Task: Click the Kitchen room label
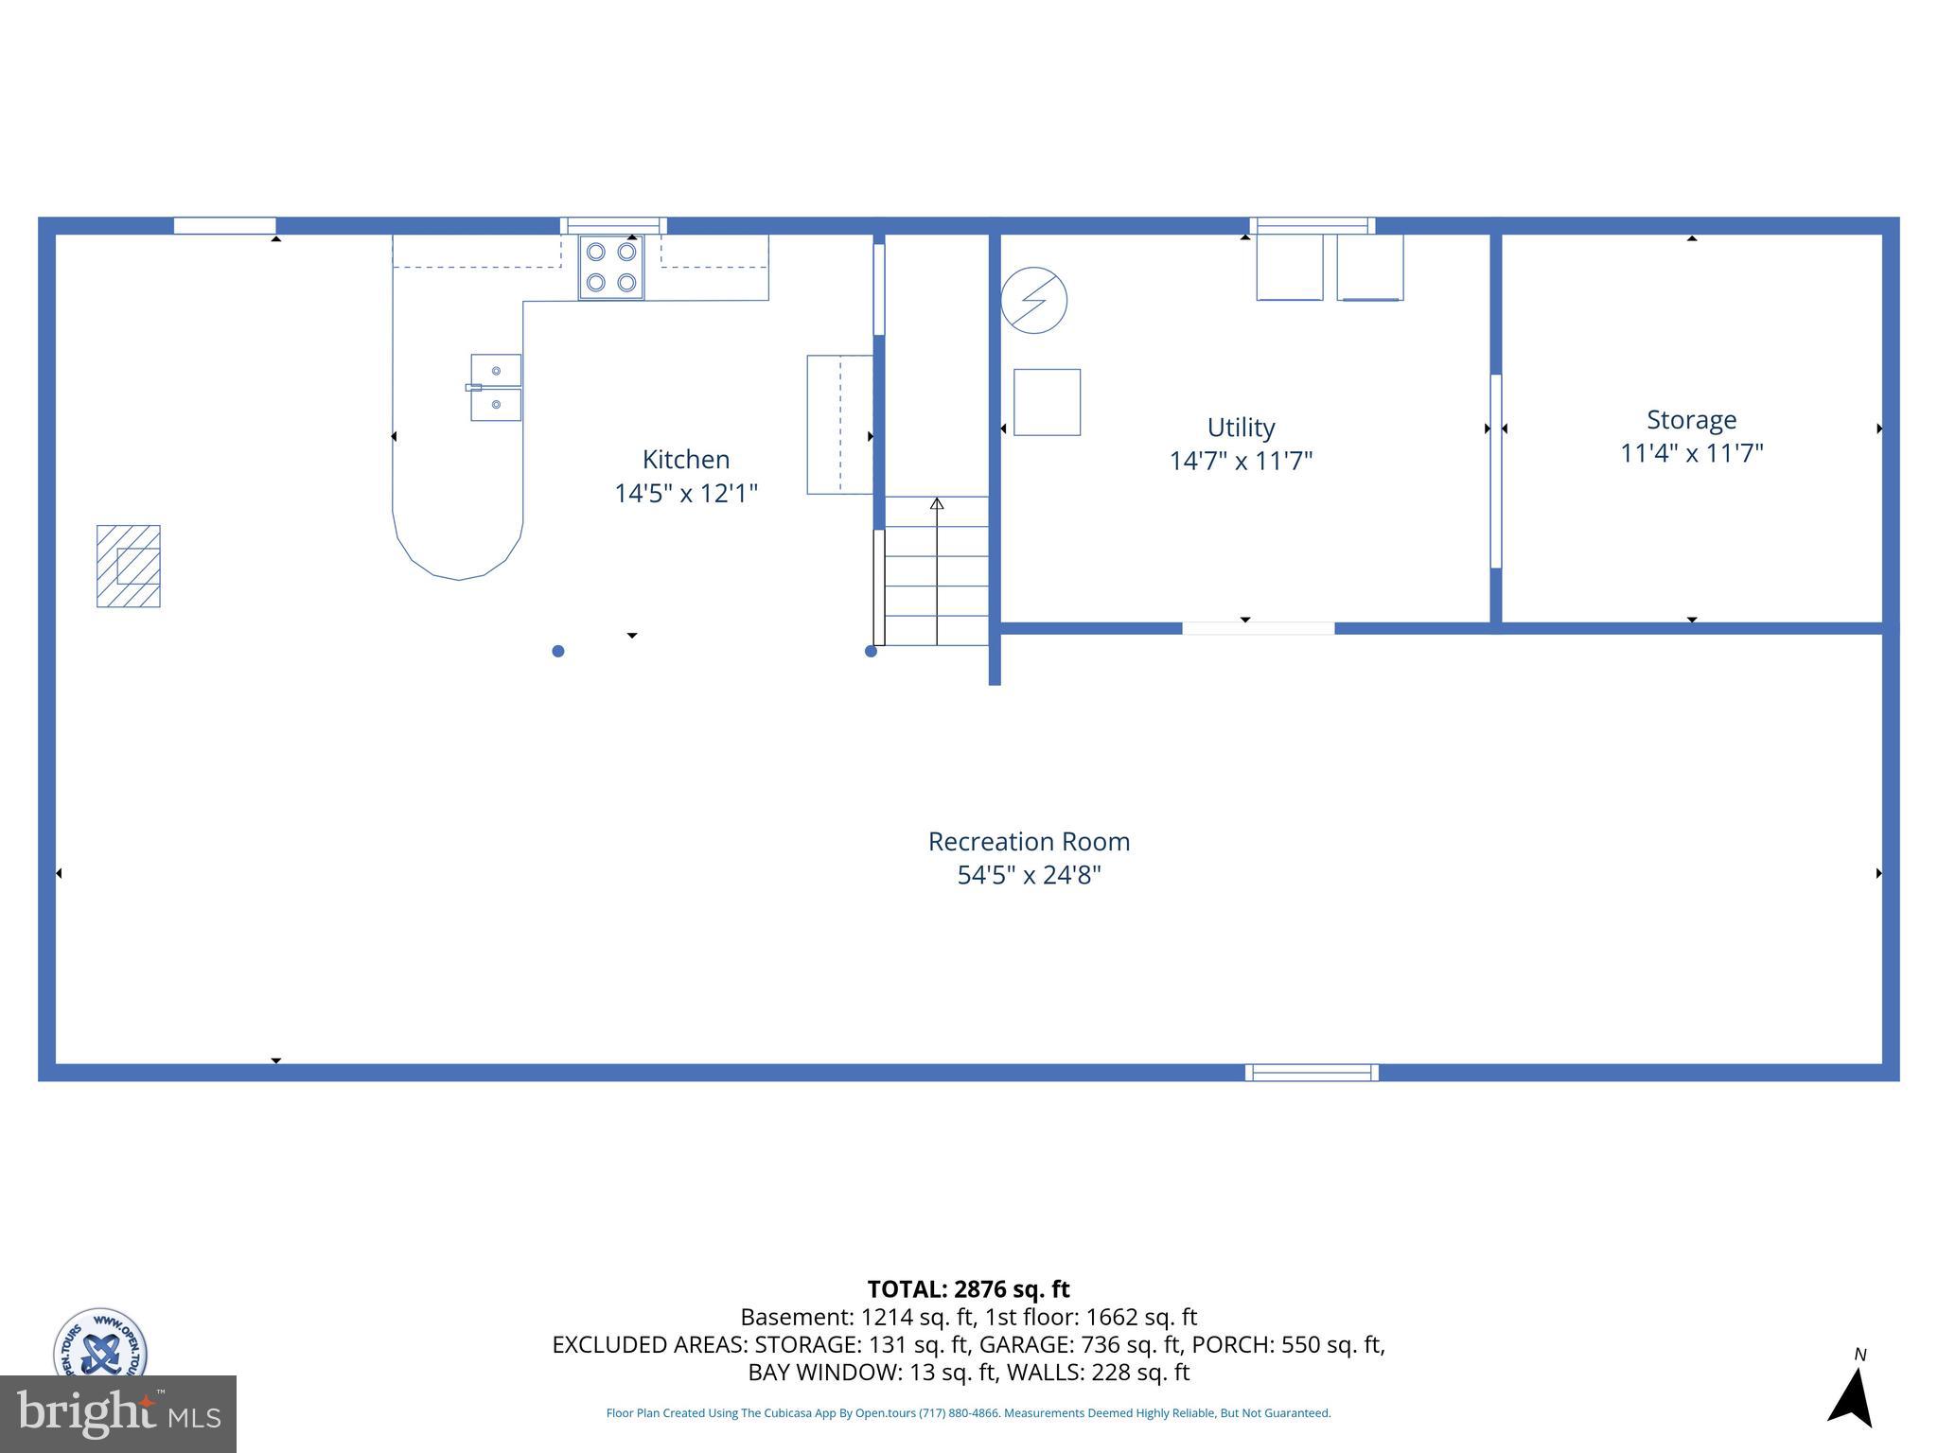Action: tap(686, 460)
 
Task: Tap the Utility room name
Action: tap(1241, 428)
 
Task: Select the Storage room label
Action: tap(1691, 420)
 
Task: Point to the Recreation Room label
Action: tap(1029, 842)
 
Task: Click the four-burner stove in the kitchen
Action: tap(611, 268)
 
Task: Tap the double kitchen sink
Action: tap(496, 388)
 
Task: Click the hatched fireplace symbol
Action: tap(129, 566)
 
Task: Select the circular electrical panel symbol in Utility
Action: tap(1034, 300)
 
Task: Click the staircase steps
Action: tap(937, 571)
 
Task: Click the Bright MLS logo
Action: tap(118, 1413)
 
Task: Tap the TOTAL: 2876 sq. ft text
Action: tap(968, 1289)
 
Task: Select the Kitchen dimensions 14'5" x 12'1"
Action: tap(686, 494)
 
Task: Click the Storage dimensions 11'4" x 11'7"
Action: tap(1691, 454)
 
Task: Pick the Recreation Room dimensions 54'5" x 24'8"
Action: tap(1029, 875)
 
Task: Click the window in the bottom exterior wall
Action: tap(1312, 1072)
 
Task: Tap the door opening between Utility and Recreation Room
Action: tap(1258, 628)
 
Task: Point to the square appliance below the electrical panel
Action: tap(1047, 402)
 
